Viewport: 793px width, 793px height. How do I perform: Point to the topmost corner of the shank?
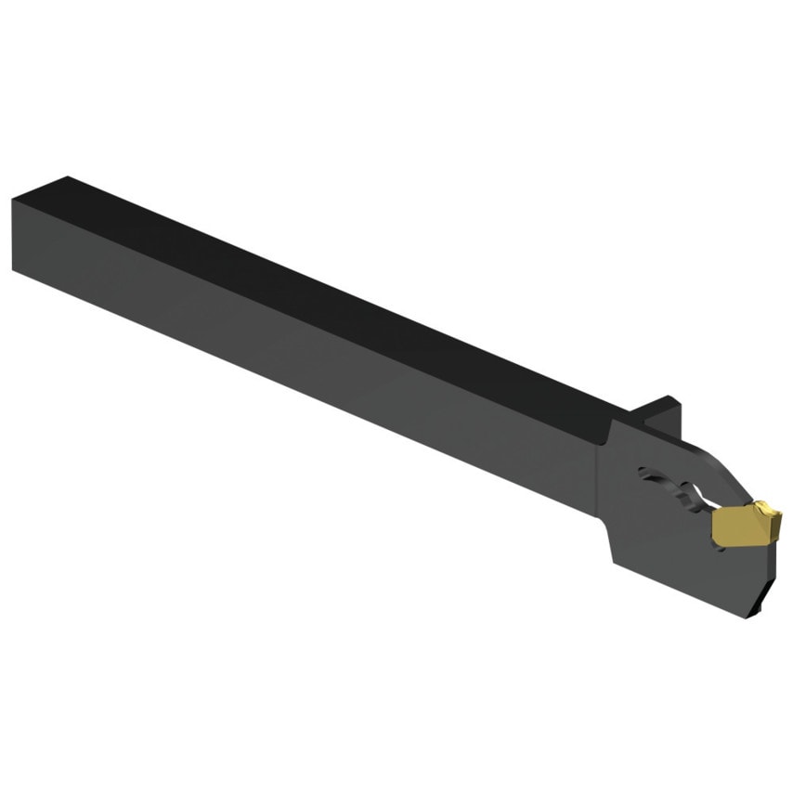[67, 175]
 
